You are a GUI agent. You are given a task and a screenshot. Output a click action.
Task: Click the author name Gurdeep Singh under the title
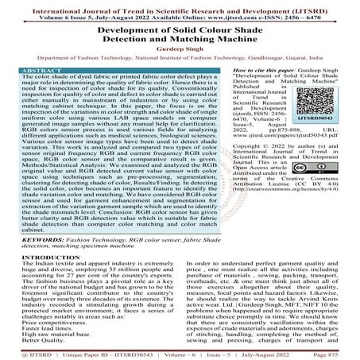pyautogui.click(x=179, y=47)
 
